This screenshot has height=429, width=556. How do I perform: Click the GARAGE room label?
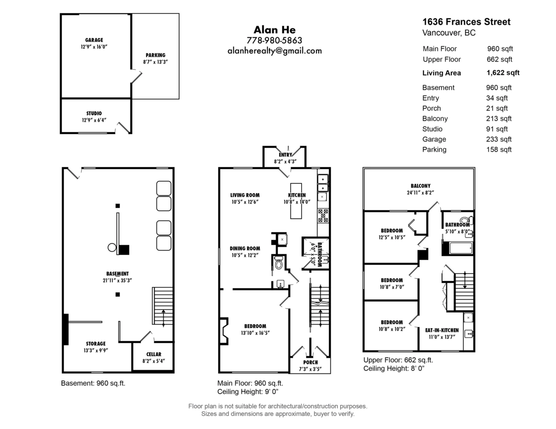click(94, 40)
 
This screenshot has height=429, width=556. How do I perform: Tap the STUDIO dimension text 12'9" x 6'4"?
click(94, 120)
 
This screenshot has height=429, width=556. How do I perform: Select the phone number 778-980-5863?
click(274, 40)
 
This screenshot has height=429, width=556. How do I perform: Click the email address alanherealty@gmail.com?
click(275, 51)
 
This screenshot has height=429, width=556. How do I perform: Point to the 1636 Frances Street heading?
click(466, 22)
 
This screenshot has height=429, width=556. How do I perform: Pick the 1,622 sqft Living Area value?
click(503, 73)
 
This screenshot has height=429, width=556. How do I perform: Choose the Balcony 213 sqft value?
click(499, 118)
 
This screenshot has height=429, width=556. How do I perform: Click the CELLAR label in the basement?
click(153, 354)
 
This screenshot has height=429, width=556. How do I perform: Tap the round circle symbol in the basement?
click(112, 247)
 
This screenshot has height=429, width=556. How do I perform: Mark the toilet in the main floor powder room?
click(278, 262)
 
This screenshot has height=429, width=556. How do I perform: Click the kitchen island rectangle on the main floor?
click(296, 201)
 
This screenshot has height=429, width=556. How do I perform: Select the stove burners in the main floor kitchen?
click(323, 216)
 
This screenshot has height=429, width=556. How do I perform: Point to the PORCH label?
click(310, 362)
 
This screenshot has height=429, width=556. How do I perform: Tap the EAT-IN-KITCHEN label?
click(442, 330)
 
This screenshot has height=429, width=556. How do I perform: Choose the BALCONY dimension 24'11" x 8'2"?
click(420, 193)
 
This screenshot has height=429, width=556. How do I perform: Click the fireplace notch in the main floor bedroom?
click(224, 331)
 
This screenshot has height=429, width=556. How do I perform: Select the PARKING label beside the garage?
click(156, 55)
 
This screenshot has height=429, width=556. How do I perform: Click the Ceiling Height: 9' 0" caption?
click(248, 392)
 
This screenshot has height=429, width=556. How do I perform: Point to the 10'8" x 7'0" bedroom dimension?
click(392, 287)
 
